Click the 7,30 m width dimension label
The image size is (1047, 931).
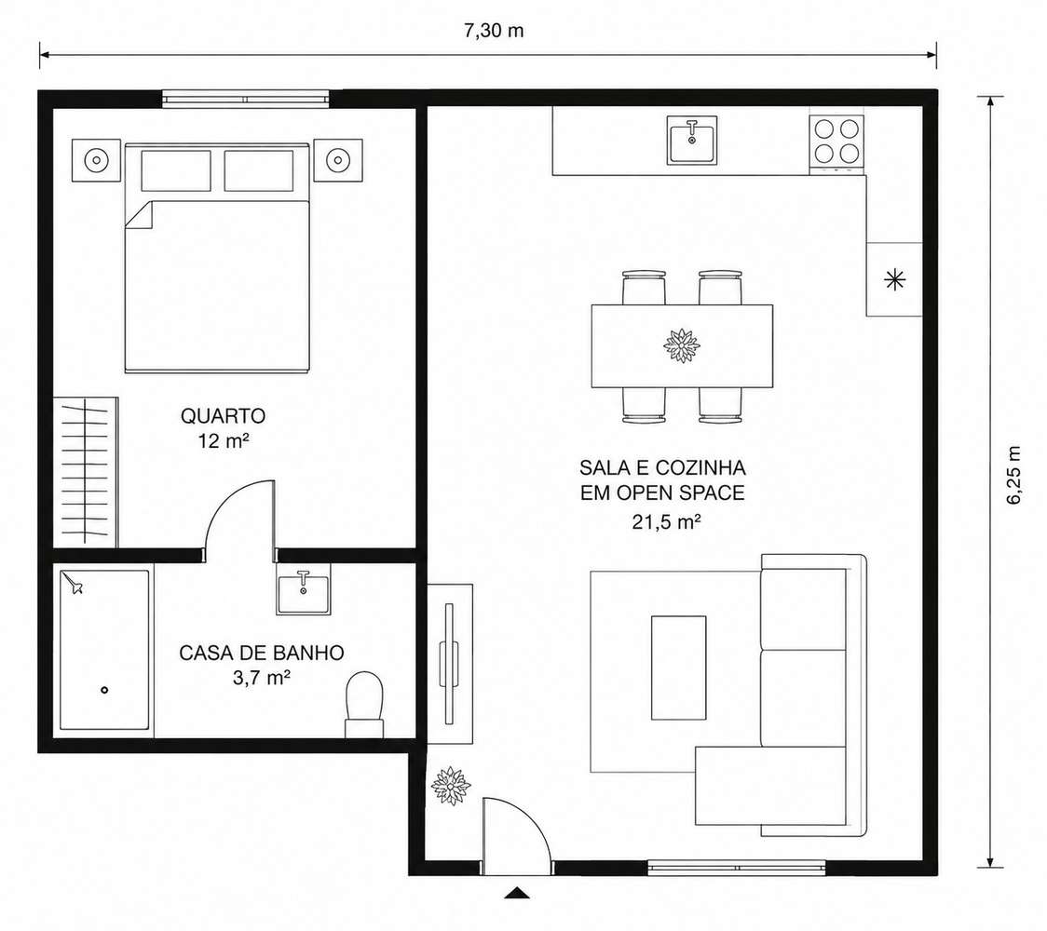tap(494, 31)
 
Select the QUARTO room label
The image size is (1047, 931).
tap(223, 416)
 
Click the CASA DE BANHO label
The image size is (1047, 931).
tap(261, 652)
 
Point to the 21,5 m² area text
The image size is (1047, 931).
tap(666, 522)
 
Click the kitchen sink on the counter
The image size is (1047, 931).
tap(692, 140)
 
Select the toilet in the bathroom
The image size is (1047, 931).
tap(364, 704)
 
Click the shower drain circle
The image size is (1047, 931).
tap(104, 690)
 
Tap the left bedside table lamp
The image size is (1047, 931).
tap(96, 160)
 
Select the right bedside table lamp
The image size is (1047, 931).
tap(338, 160)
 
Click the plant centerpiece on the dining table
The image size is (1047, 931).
tap(682, 345)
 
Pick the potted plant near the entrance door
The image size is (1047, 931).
tap(452, 786)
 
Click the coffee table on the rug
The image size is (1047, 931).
tap(678, 668)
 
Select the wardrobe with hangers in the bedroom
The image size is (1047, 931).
tap(86, 473)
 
